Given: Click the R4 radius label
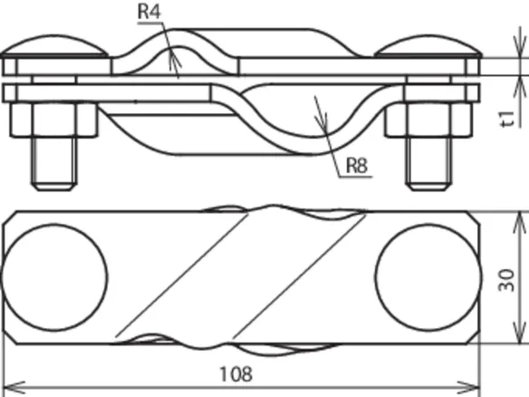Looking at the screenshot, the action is tap(149, 11).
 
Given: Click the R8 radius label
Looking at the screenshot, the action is tap(357, 165).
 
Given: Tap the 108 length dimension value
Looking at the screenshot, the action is tap(236, 374).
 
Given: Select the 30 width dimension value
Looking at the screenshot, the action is tap(506, 280).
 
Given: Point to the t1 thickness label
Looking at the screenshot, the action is tap(508, 119).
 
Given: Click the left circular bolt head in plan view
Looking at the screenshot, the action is tap(54, 276).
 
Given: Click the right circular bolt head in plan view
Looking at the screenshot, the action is tap(428, 276).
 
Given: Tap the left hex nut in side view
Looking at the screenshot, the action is tap(54, 120).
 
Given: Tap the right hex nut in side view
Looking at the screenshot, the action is tap(428, 120).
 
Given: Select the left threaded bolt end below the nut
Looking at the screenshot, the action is tap(54, 164).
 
